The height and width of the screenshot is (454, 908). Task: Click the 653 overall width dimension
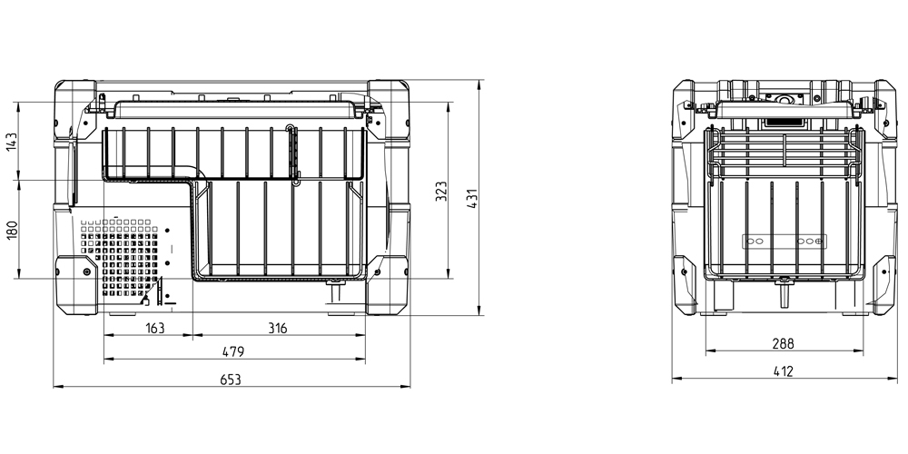click(x=231, y=380)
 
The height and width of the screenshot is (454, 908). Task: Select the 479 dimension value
click(x=233, y=351)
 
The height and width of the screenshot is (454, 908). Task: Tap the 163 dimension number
click(x=154, y=329)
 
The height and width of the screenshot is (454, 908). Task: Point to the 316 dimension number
click(x=277, y=329)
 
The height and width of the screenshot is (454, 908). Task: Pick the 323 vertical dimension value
click(x=441, y=192)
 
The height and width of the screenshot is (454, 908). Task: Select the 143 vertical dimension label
click(x=12, y=142)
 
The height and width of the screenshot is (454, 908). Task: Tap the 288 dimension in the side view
click(x=783, y=343)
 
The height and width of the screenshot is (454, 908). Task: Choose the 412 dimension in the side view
click(x=783, y=371)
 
